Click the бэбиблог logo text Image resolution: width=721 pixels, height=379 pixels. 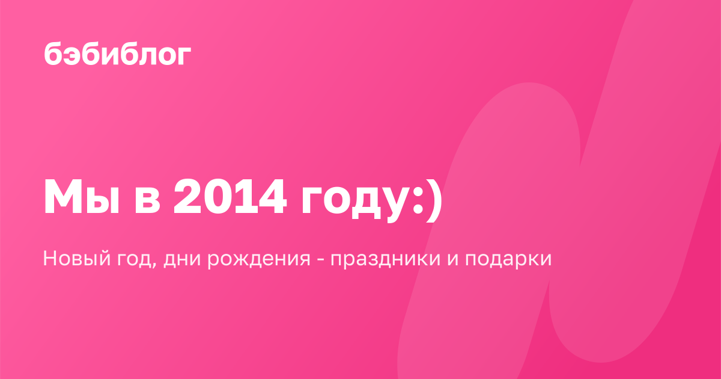117,53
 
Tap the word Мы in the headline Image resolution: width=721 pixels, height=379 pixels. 82,196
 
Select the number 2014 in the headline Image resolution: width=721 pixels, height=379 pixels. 230,196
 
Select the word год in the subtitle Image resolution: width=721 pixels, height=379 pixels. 134,260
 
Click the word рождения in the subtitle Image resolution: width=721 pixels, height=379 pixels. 259,260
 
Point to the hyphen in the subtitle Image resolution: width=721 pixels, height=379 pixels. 321,260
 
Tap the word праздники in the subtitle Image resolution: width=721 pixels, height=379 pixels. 385,260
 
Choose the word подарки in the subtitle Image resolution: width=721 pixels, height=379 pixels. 508,260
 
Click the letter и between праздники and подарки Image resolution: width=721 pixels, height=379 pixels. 452,260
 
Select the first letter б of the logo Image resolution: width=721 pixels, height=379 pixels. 53,53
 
